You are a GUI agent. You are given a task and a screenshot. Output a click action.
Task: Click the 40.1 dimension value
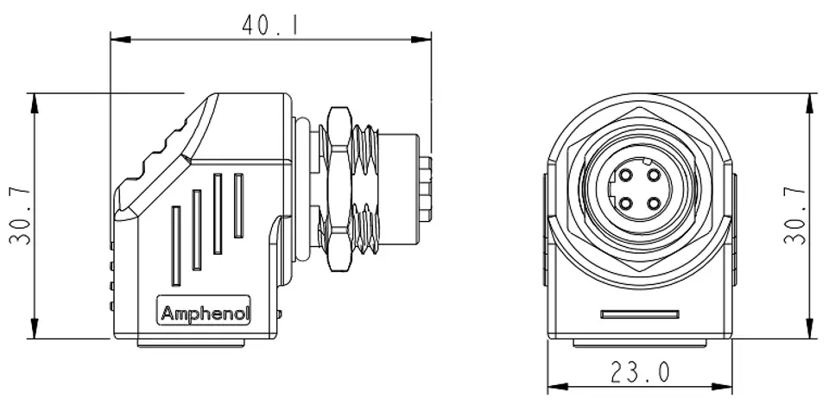click(x=270, y=25)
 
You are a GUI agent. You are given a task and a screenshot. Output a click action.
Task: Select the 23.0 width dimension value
click(x=640, y=371)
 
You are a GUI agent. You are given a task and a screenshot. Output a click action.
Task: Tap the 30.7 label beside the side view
click(x=20, y=216)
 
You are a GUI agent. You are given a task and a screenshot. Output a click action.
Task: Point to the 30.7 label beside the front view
click(x=794, y=216)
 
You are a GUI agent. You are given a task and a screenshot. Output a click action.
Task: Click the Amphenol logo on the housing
click(x=205, y=313)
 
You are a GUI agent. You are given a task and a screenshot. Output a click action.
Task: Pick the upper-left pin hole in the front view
click(x=626, y=175)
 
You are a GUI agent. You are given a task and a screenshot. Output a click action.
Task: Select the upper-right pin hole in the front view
click(x=654, y=175)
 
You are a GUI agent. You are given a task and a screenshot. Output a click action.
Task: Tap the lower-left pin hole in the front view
click(x=626, y=203)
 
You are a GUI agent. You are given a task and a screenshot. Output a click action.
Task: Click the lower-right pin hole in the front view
click(x=654, y=203)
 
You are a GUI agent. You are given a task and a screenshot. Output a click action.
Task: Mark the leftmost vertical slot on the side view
click(x=175, y=246)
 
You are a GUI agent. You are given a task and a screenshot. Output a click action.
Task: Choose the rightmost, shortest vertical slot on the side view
click(x=238, y=206)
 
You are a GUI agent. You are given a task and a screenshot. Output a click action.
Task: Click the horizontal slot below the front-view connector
click(x=640, y=314)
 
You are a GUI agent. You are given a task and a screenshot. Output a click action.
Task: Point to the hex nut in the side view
click(x=339, y=189)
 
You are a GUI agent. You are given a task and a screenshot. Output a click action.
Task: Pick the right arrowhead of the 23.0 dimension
click(x=722, y=387)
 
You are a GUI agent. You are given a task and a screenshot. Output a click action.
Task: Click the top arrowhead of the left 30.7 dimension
click(x=35, y=103)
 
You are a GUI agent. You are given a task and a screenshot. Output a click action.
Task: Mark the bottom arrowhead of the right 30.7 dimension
click(x=809, y=328)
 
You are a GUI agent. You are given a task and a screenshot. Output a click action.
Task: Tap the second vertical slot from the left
click(x=197, y=230)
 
